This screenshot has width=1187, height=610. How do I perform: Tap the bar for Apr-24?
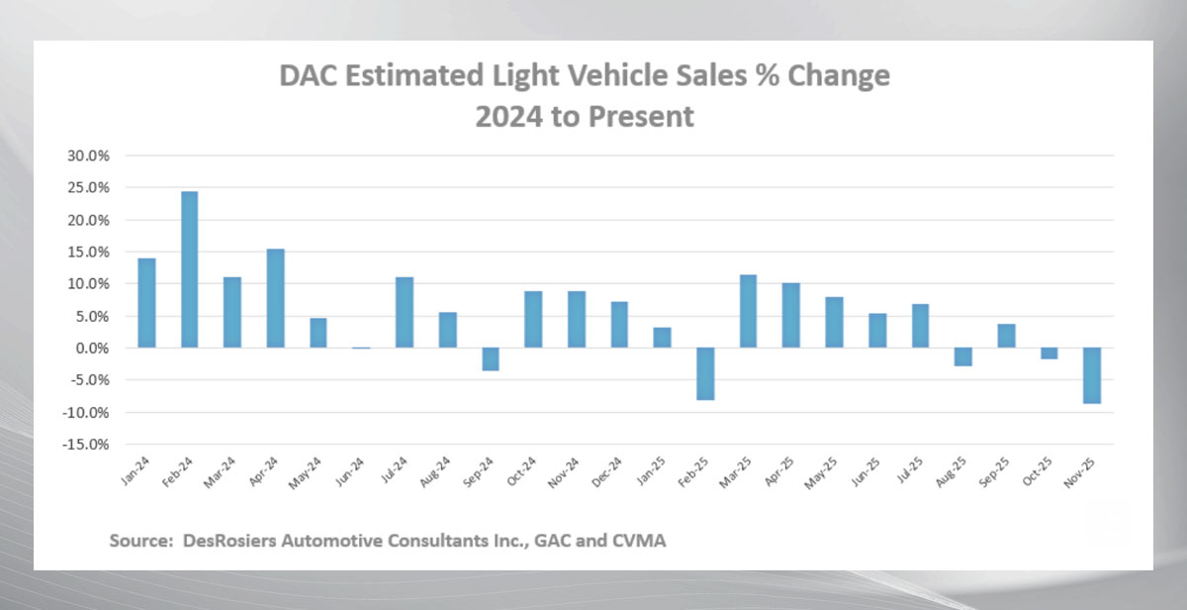pyautogui.click(x=275, y=298)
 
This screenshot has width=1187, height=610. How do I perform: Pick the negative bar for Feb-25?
pyautogui.click(x=705, y=373)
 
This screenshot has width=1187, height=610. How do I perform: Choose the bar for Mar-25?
pyautogui.click(x=748, y=311)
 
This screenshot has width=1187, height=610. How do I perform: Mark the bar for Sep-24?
pyautogui.click(x=490, y=358)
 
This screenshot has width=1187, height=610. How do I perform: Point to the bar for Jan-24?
pyautogui.click(x=146, y=302)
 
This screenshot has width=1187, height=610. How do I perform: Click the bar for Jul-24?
pyautogui.click(x=404, y=312)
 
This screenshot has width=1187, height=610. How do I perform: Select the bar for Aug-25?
pyautogui.click(x=962, y=356)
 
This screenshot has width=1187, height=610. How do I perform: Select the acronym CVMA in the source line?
pyautogui.click(x=639, y=541)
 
